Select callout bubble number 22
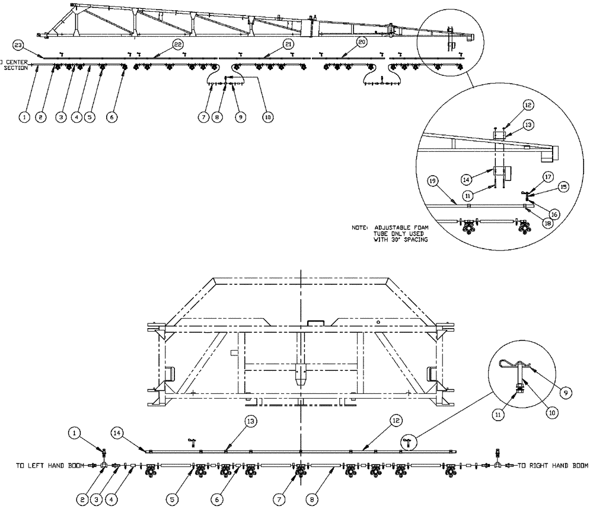pos(177,44)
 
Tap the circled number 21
pos(288,44)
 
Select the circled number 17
pos(547,176)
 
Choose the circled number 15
pos(564,186)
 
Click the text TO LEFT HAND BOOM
pos(50,466)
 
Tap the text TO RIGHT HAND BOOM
pos(553,466)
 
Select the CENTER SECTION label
pos(14,64)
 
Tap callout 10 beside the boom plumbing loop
pos(267,117)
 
